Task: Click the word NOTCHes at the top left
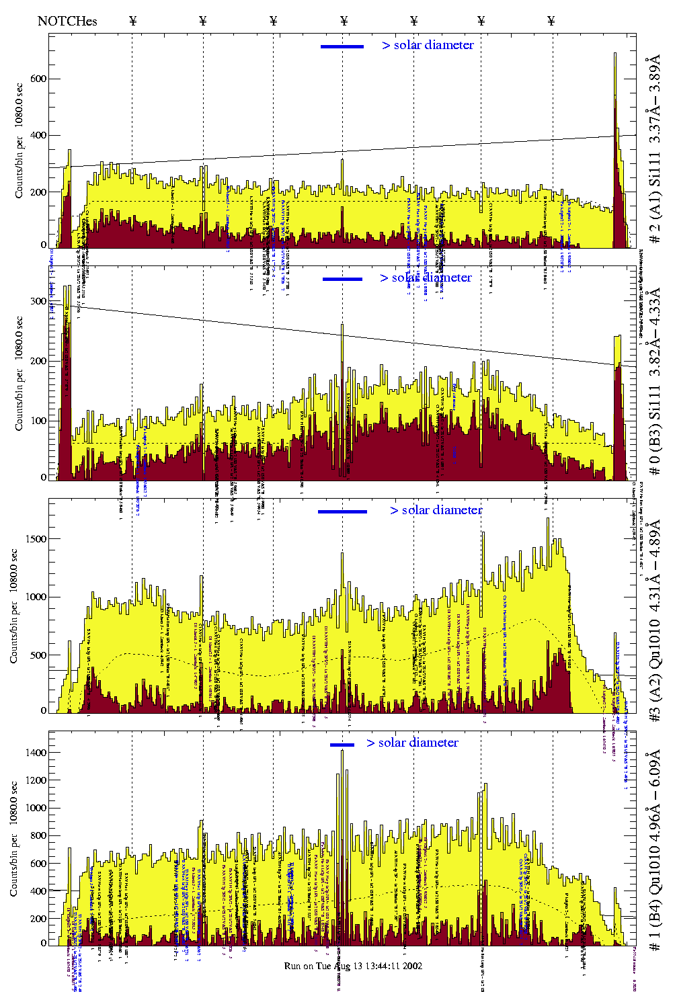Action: coord(67,21)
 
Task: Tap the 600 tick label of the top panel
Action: coord(38,79)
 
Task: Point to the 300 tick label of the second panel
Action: coord(38,302)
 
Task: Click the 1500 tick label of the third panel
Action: coord(36,539)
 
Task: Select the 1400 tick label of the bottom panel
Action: coord(36,753)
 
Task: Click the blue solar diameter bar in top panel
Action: coord(342,46)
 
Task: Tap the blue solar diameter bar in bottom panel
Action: coord(342,745)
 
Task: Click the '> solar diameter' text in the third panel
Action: coord(436,510)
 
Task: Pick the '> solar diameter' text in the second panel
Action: coord(426,278)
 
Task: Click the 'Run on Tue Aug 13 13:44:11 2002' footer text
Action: coord(353,966)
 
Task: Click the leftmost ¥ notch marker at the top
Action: coord(132,21)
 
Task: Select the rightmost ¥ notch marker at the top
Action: coord(551,21)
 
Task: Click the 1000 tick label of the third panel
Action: coord(36,597)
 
